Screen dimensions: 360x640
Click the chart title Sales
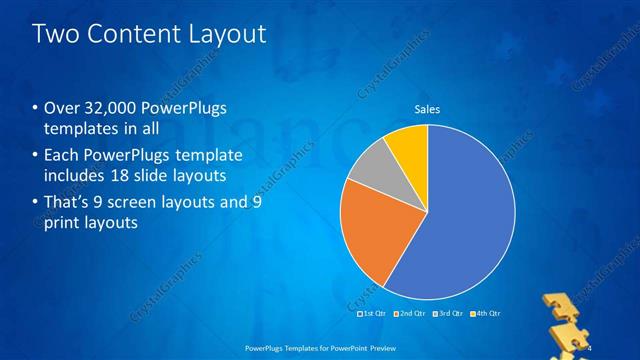[x=427, y=110]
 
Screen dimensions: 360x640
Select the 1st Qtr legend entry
[x=374, y=314]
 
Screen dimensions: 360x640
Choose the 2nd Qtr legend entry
[x=409, y=314]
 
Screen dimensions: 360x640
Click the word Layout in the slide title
[x=222, y=34]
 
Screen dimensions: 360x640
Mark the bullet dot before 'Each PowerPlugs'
[x=37, y=156]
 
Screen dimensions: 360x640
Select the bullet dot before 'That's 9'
[x=37, y=203]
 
